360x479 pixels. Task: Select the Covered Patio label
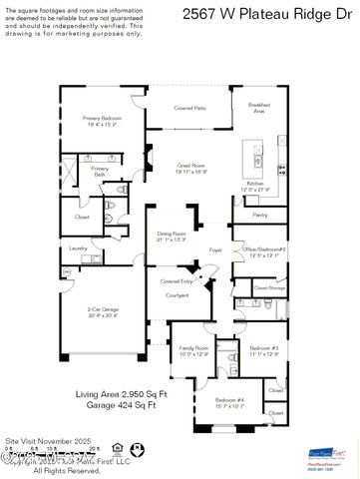[189, 108]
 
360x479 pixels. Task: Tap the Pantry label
[260, 215]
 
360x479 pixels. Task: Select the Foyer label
[215, 250]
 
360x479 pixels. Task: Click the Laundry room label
[78, 247]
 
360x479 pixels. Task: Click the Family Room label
[193, 350]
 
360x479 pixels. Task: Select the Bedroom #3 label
[263, 350]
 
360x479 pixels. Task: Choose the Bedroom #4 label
[229, 402]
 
